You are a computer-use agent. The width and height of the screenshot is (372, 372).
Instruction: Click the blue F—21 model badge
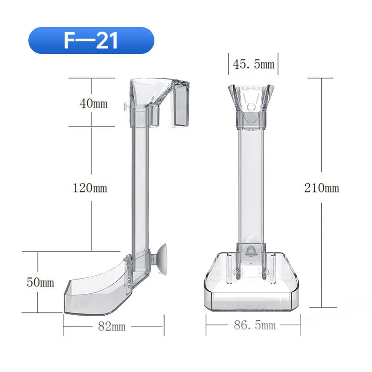(x=91, y=40)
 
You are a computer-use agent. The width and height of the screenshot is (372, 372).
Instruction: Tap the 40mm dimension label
(x=93, y=103)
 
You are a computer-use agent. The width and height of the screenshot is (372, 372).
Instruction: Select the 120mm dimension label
(x=90, y=188)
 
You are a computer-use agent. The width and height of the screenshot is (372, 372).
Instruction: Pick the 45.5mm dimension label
(x=253, y=64)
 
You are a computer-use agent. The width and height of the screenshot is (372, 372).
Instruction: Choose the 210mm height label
(x=322, y=188)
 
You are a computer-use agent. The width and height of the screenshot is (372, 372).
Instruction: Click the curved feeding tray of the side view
(x=95, y=291)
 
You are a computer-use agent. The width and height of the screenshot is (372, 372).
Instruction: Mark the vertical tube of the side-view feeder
(x=139, y=186)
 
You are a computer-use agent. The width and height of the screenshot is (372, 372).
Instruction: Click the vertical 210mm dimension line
(x=321, y=139)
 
